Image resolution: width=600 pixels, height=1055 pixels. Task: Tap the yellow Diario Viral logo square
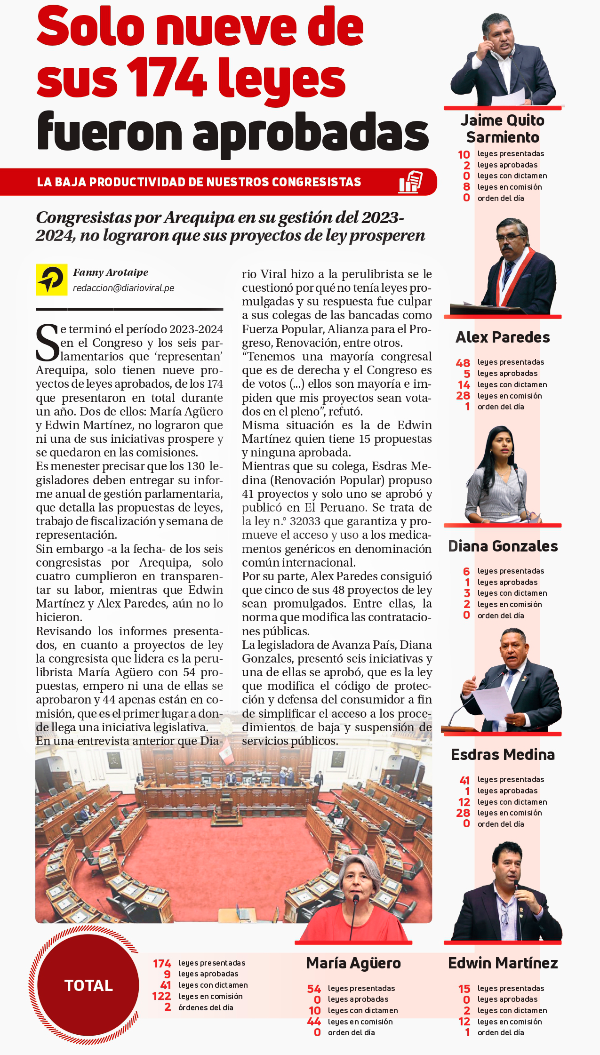click(x=51, y=280)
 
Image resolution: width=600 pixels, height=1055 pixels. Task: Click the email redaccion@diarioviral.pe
click(x=123, y=288)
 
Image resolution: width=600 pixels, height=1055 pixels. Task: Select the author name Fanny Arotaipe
click(x=111, y=272)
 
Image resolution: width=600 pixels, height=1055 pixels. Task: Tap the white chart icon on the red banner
click(x=410, y=182)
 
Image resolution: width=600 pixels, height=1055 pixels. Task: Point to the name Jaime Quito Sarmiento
click(x=502, y=129)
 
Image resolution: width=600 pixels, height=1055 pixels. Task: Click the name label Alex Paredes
click(x=503, y=337)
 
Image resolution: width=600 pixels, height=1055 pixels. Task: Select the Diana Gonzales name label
click(x=503, y=546)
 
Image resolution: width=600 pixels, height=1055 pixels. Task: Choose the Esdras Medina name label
click(x=503, y=754)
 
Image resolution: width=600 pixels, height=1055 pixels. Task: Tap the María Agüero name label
click(x=353, y=963)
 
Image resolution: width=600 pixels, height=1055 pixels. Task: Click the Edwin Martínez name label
click(x=503, y=963)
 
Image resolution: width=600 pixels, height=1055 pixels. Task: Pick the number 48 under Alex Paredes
click(x=463, y=363)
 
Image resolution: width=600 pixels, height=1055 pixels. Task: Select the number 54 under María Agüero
click(x=314, y=989)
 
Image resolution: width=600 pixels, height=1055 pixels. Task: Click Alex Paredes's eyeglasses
click(x=511, y=238)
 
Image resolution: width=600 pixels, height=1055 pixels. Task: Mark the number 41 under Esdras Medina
click(x=464, y=780)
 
